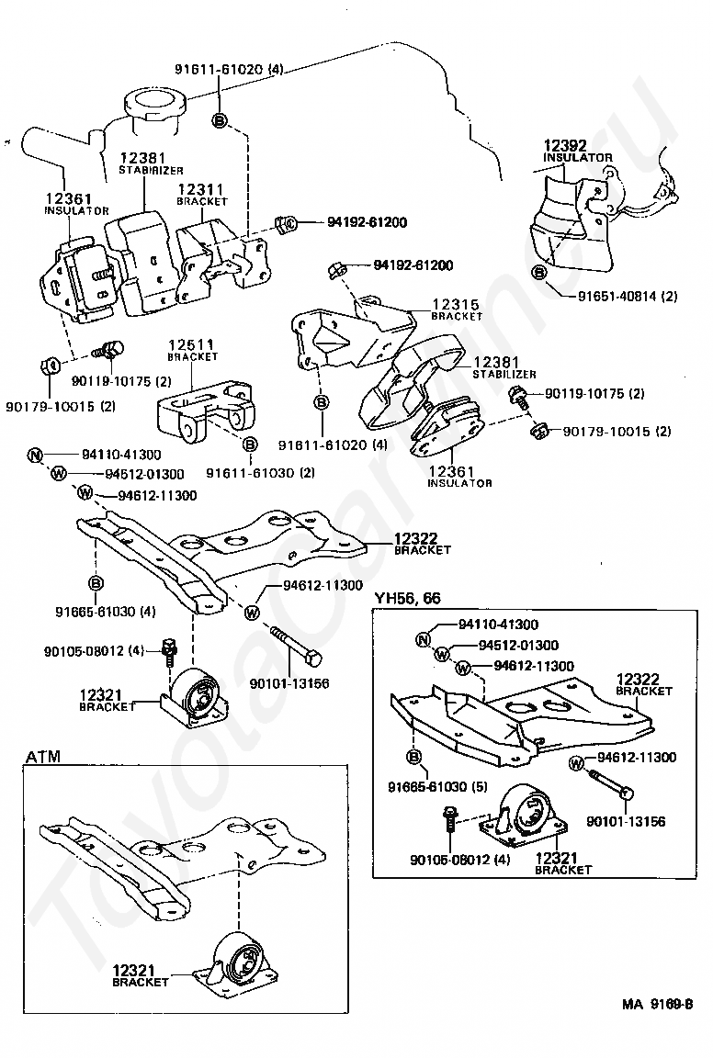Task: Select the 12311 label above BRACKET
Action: [201, 189]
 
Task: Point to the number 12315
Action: [457, 303]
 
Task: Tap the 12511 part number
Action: [191, 344]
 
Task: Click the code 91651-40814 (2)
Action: [628, 297]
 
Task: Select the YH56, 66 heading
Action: [406, 598]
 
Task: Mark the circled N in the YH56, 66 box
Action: [423, 640]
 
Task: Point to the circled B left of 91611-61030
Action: [249, 444]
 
